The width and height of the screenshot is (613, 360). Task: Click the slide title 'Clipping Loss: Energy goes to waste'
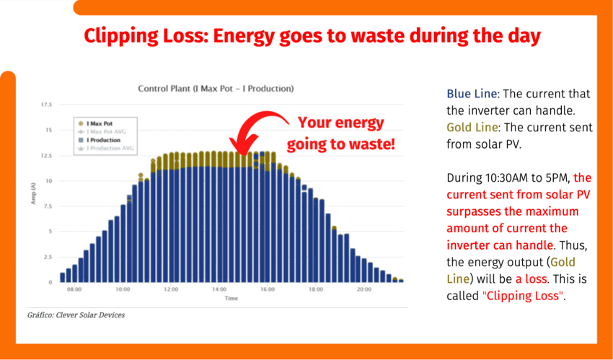coord(312,36)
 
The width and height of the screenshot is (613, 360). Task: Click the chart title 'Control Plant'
coord(216,89)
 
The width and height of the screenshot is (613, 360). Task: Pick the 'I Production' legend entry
coord(103,140)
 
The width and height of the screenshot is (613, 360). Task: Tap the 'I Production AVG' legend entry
coord(110,148)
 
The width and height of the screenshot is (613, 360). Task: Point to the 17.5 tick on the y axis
coord(46,105)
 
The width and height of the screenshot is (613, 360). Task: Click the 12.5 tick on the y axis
coord(46,156)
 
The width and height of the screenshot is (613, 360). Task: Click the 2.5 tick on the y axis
coord(48,257)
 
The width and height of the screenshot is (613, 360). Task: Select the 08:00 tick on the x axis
coord(74,289)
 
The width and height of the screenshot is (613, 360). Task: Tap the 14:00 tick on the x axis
coord(219,289)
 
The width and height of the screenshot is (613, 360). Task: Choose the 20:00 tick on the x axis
coord(365,289)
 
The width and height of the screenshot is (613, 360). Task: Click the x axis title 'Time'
coord(231,298)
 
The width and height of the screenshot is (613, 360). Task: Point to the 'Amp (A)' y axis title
coord(33,193)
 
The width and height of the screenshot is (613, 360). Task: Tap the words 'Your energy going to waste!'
coord(341,133)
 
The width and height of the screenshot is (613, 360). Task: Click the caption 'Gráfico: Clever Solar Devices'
coord(71,315)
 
